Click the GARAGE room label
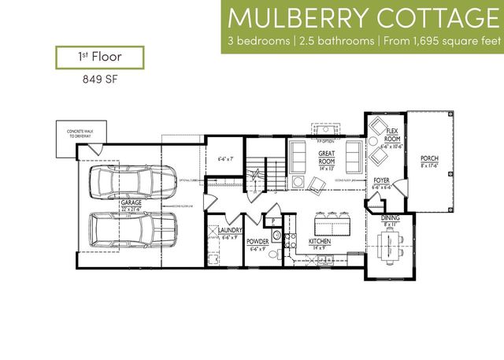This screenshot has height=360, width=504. (x=131, y=202)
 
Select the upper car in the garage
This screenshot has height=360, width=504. (x=131, y=184)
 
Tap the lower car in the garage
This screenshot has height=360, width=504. (x=131, y=229)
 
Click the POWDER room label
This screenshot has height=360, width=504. (x=258, y=242)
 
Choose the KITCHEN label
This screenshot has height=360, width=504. (x=320, y=242)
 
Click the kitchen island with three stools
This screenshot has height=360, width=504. (x=328, y=218)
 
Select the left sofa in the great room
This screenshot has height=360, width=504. (x=298, y=155)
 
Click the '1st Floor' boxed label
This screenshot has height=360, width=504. (x=99, y=57)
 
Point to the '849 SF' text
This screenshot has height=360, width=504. (x=99, y=79)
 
